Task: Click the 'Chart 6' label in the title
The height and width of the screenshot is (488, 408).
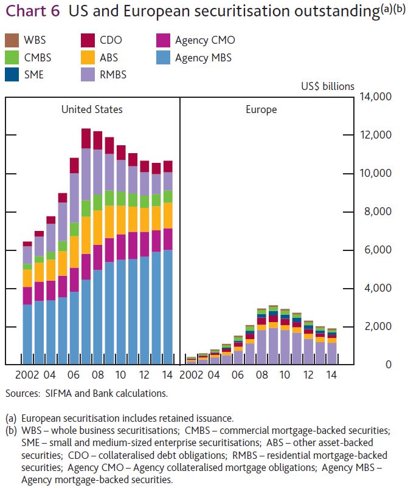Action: coord(33,12)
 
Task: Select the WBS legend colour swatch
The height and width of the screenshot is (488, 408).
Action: coord(12,41)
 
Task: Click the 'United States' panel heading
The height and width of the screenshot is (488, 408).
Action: coord(92,109)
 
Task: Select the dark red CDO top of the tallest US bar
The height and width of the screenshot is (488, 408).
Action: coord(86,138)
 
